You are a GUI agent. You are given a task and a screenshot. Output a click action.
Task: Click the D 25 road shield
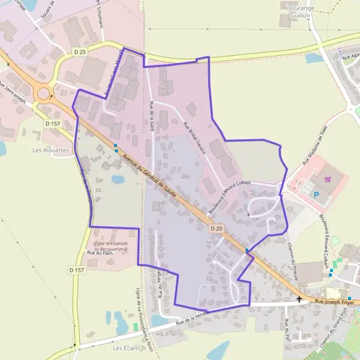80,52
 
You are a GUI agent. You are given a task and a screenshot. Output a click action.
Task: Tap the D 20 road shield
217,229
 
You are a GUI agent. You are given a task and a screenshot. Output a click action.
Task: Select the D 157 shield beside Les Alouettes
53,124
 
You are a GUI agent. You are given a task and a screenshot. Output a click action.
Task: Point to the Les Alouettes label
51,150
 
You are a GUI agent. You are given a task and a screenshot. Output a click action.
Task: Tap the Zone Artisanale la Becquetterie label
111,245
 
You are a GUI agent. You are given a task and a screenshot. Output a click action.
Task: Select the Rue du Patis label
100,253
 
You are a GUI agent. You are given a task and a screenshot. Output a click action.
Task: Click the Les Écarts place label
126,348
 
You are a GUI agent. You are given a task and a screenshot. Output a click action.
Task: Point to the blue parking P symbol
317,194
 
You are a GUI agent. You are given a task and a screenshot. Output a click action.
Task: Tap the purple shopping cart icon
328,179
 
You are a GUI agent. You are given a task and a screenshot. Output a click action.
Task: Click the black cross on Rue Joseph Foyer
299,298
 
